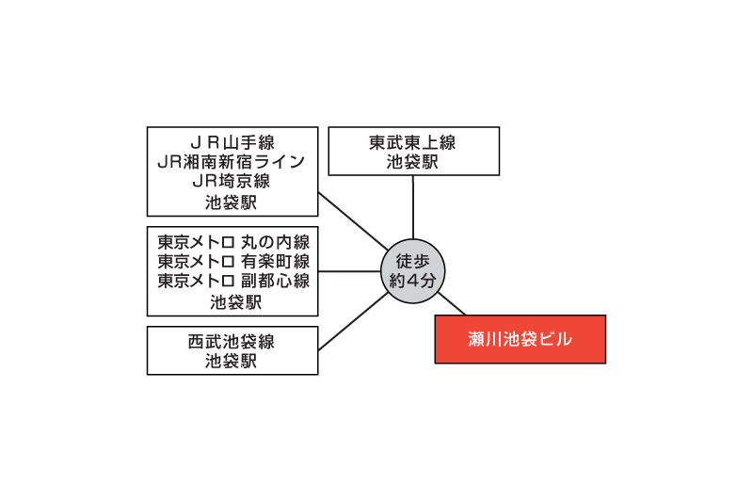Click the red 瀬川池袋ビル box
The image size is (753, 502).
(521, 339)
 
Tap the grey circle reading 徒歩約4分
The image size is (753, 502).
(412, 271)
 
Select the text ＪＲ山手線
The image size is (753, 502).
(232, 142)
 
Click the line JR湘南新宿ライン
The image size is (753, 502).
(232, 162)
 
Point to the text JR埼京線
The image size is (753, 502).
(232, 181)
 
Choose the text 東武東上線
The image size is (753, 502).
(412, 142)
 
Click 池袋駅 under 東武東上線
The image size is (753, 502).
(412, 162)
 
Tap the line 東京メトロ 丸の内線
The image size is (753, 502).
(233, 242)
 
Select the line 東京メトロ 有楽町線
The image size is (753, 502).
(233, 261)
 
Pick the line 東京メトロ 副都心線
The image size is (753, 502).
(233, 281)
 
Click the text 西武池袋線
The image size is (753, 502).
(232, 342)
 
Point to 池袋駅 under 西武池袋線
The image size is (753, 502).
(232, 362)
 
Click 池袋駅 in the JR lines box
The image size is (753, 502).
(232, 202)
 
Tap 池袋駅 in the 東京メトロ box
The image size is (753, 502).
(236, 302)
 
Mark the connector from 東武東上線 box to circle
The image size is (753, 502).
(413, 207)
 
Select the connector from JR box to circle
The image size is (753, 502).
(354, 221)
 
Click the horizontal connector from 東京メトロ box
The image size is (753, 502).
(349, 271)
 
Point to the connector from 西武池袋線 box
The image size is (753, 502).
(354, 321)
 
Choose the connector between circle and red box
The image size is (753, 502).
(452, 303)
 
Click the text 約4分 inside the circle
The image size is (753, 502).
(412, 281)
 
